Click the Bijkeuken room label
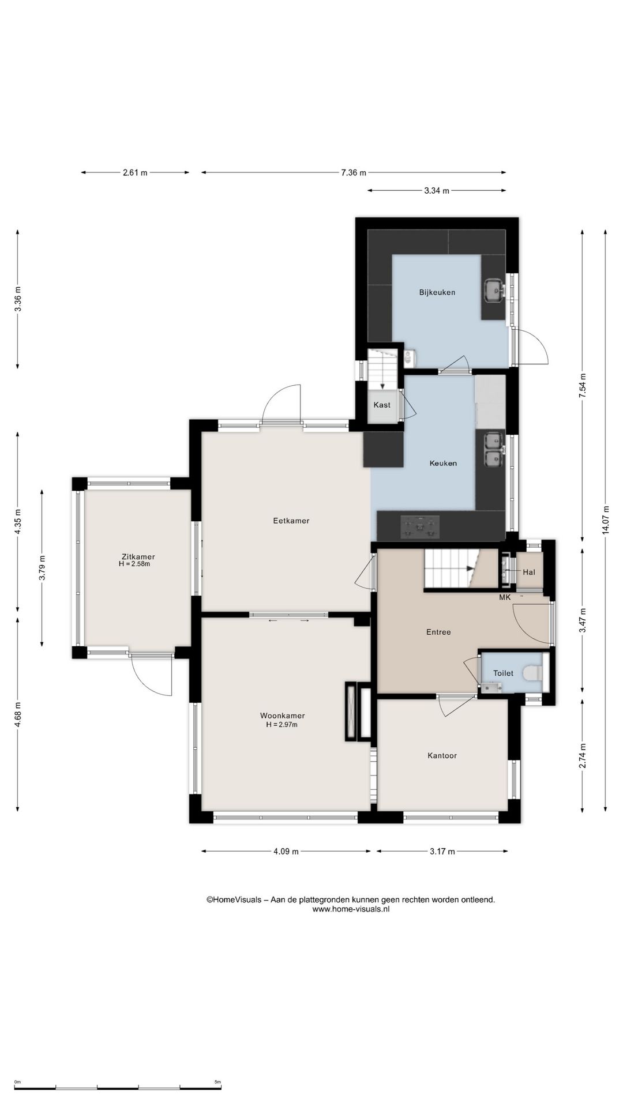pyautogui.click(x=437, y=292)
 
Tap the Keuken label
pyautogui.click(x=443, y=463)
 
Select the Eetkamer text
pyautogui.click(x=291, y=521)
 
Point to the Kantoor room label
pyautogui.click(x=442, y=755)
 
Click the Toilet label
pyautogui.click(x=503, y=673)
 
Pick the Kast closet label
pyautogui.click(x=382, y=405)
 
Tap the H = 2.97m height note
pyautogui.click(x=282, y=725)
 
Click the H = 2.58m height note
pyautogui.click(x=134, y=564)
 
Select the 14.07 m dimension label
pyautogui.click(x=605, y=521)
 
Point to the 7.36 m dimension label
pyautogui.click(x=354, y=172)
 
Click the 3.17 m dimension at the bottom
pyautogui.click(x=442, y=852)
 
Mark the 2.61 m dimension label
pyautogui.click(x=135, y=172)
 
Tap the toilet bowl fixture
pyautogui.click(x=531, y=672)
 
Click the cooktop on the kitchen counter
pyautogui.click(x=420, y=527)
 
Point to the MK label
pyautogui.click(x=505, y=597)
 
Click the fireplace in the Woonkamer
pyautogui.click(x=358, y=711)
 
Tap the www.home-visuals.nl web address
pyautogui.click(x=351, y=909)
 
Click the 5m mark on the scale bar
pyautogui.click(x=217, y=1082)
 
